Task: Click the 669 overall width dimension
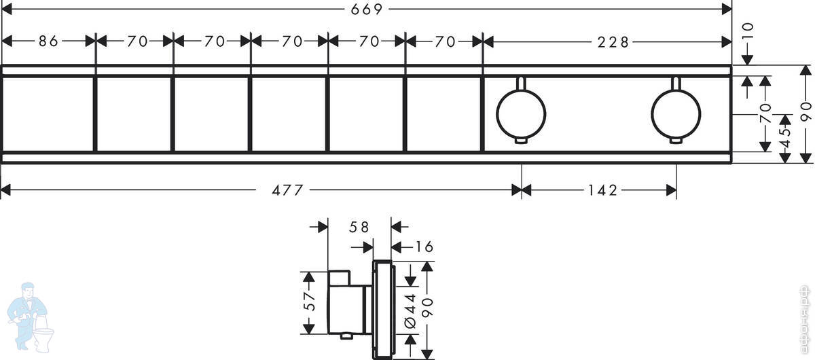click(366, 9)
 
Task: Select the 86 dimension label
click(48, 41)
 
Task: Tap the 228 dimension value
click(613, 42)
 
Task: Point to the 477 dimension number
click(287, 190)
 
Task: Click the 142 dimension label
click(602, 190)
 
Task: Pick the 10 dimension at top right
click(748, 31)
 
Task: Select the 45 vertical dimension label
click(786, 137)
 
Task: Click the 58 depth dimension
click(359, 227)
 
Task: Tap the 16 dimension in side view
click(424, 247)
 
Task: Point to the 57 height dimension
click(309, 302)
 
